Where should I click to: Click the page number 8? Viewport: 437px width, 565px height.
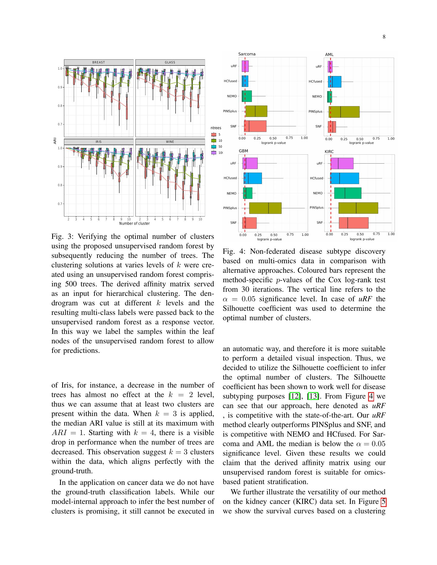coord(384,37)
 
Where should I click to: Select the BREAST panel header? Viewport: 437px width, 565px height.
coord(99,62)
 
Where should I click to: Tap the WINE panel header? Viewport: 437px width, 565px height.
coord(170,142)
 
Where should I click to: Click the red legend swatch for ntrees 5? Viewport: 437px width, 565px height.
coord(214,135)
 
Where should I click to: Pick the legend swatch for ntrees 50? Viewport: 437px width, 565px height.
coord(214,146)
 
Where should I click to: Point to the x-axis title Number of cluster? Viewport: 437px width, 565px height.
coord(134,223)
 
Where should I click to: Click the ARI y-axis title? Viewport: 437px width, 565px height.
coord(55,141)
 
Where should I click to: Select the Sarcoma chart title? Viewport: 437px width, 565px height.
coord(247,54)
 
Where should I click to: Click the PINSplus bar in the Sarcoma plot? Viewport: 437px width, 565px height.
coord(256,111)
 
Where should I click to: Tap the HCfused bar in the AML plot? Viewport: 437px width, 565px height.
coord(334,82)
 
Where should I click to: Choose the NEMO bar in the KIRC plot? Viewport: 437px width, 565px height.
coord(348,193)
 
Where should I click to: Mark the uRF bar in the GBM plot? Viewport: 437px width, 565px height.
coord(250,163)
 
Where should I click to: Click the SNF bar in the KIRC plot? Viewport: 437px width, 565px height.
coord(353,223)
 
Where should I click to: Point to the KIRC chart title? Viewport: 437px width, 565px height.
coord(329,152)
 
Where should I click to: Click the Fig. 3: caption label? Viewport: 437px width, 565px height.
coord(63,237)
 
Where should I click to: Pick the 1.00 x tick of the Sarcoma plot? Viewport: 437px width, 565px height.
coord(304,138)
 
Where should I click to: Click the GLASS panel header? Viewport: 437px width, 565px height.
coord(170,62)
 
